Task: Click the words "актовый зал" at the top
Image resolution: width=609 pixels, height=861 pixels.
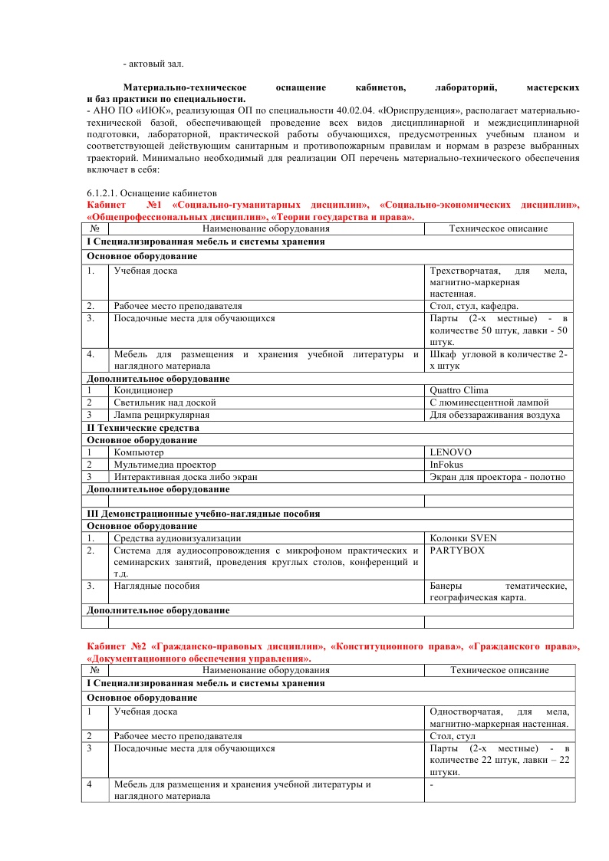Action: point(157,62)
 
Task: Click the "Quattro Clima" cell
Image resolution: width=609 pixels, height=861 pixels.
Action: point(459,390)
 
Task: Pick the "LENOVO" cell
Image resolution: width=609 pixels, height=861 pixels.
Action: point(451,452)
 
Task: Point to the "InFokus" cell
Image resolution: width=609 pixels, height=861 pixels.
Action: point(447,465)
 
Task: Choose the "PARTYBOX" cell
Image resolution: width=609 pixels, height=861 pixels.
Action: point(457,550)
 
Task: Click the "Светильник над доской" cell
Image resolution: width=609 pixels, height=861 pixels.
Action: point(165,403)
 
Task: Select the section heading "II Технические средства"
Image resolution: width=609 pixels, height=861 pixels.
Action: point(143,427)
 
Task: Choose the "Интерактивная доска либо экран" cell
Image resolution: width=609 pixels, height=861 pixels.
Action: point(186,477)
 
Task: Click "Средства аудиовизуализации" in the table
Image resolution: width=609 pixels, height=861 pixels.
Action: point(177,538)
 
